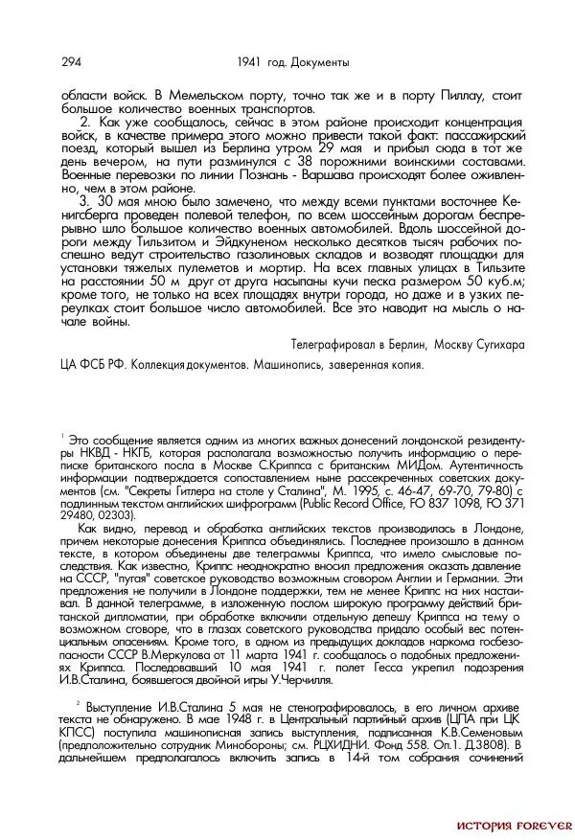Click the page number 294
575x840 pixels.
click(70, 62)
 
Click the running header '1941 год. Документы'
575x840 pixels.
click(291, 62)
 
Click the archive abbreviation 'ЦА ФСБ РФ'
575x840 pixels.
click(92, 364)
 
